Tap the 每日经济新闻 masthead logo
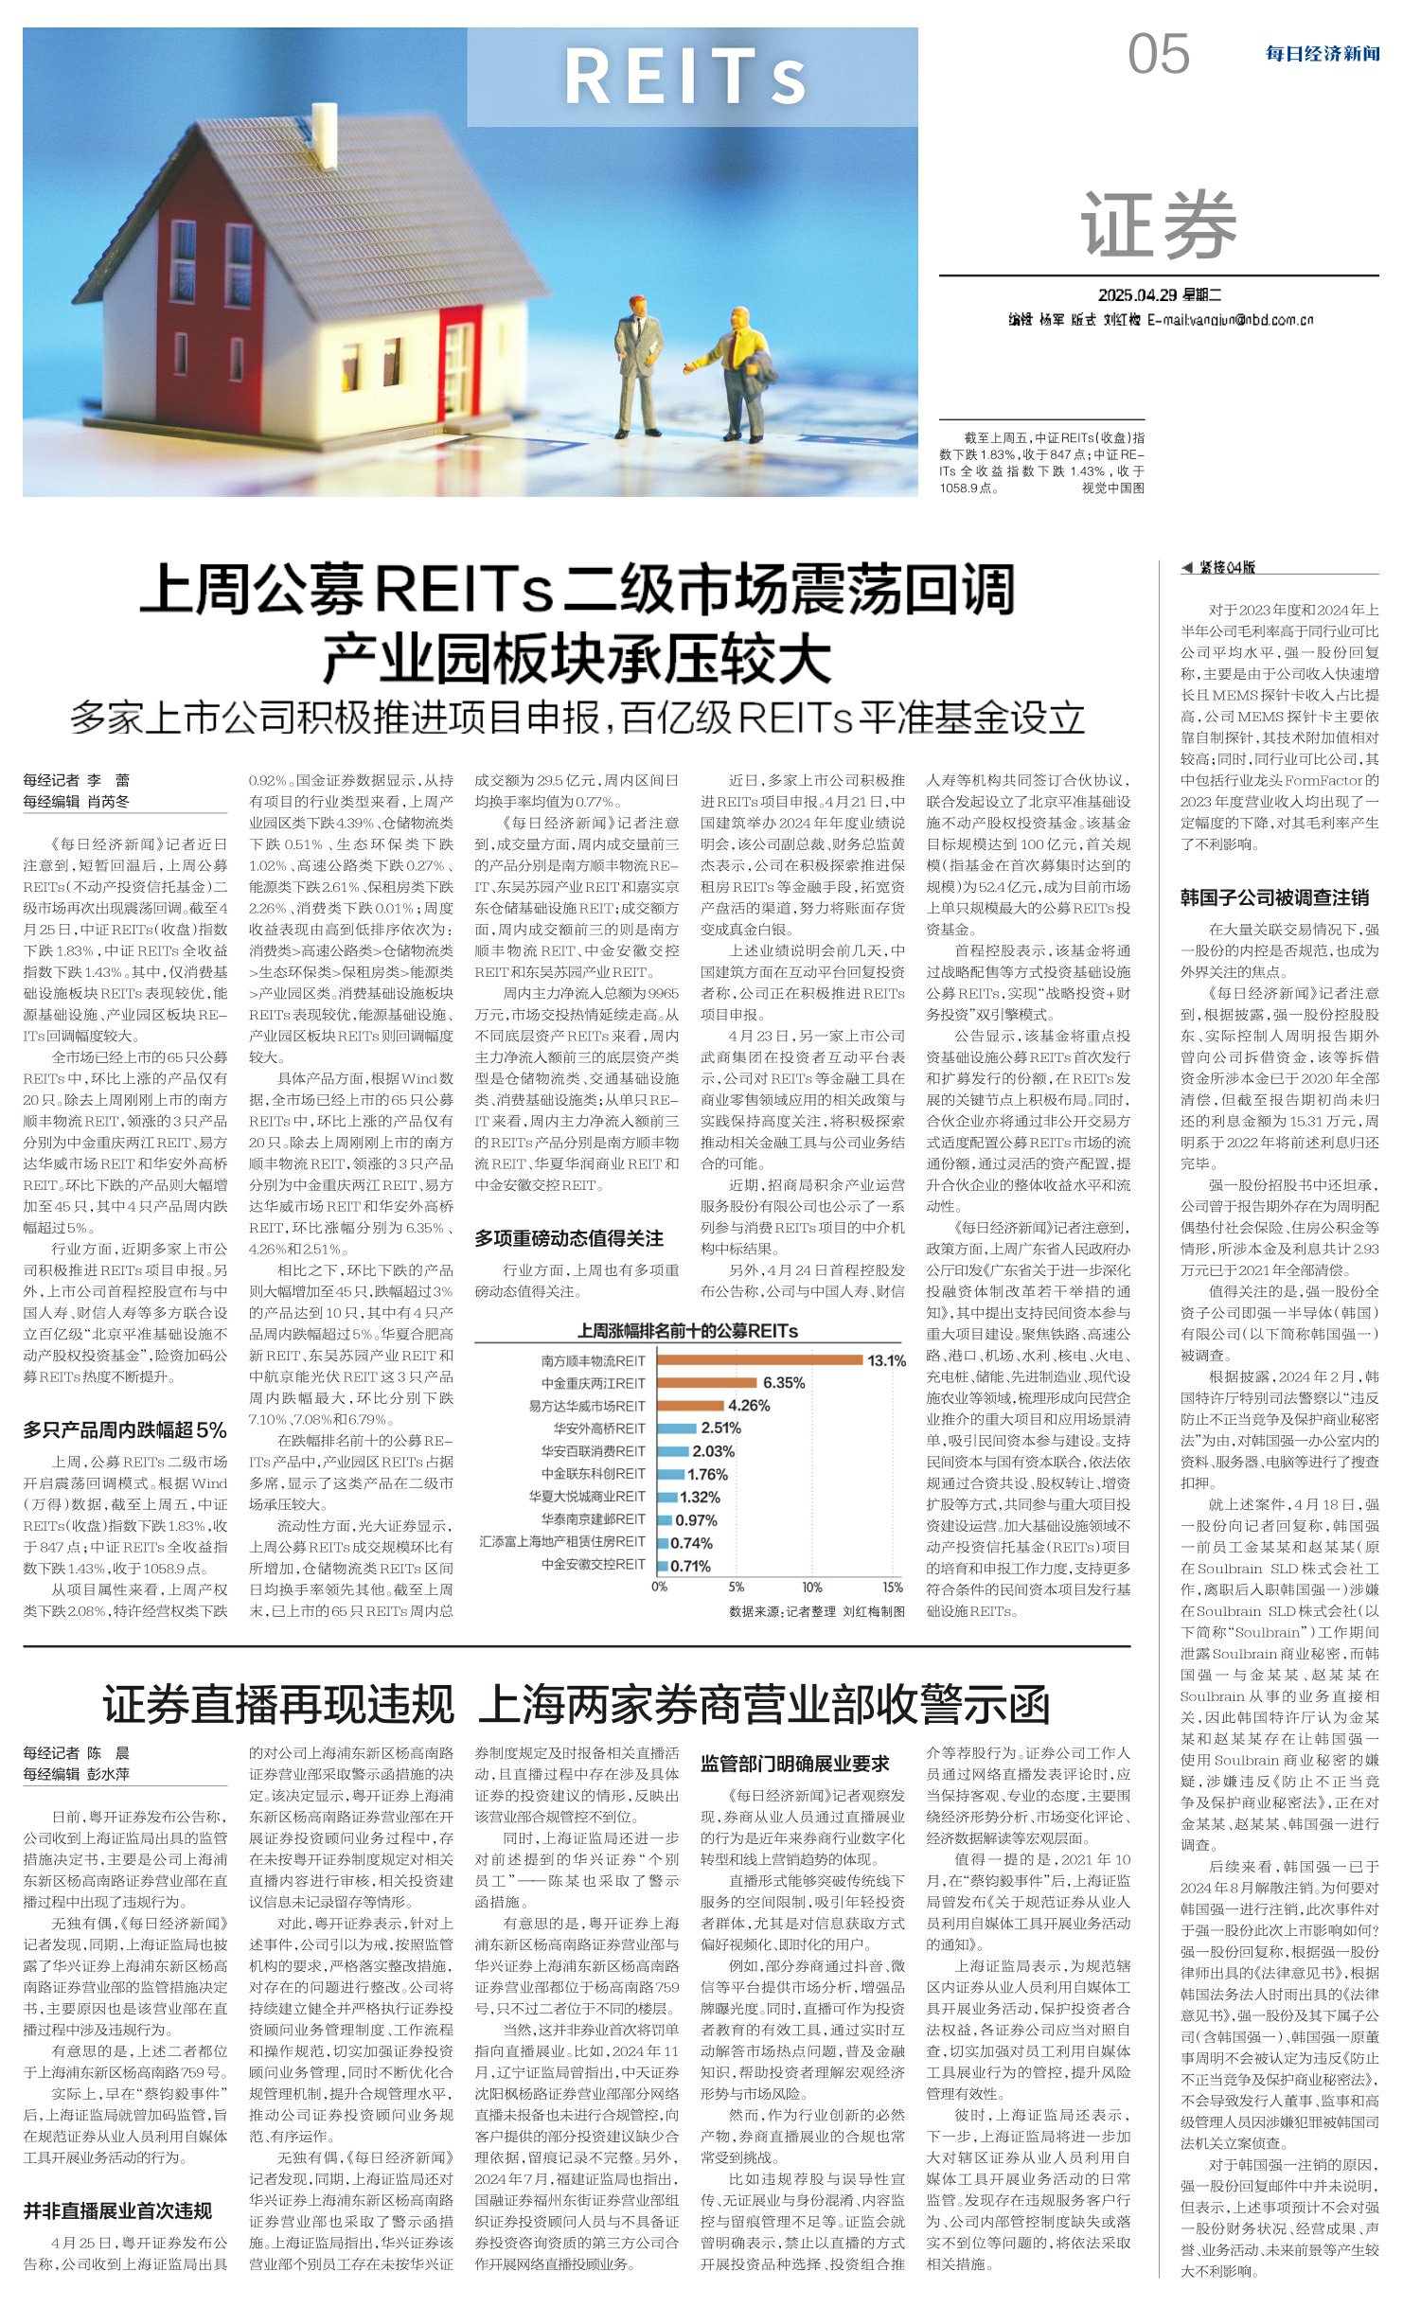click(x=1322, y=54)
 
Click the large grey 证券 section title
click(x=1159, y=224)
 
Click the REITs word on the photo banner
click(x=685, y=77)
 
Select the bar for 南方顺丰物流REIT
click(x=758, y=1360)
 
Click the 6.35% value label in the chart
click(x=784, y=1383)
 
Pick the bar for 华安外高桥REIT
click(x=676, y=1429)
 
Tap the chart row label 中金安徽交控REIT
click(x=593, y=1565)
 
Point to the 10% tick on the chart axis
click(x=811, y=1588)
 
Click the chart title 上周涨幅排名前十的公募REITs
click(x=687, y=1331)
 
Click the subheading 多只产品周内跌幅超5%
click(x=125, y=1429)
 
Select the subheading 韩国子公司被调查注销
click(x=1274, y=896)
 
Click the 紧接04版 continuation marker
click(x=1218, y=567)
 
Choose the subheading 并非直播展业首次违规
click(x=117, y=2211)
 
